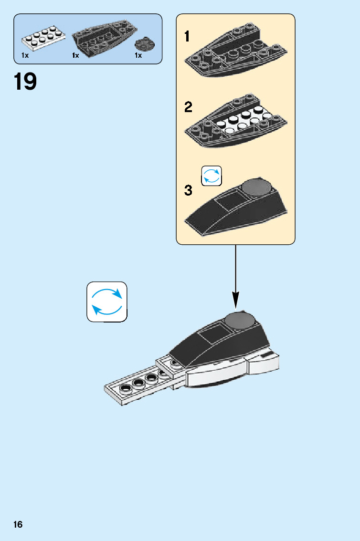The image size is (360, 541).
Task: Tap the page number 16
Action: click(18, 525)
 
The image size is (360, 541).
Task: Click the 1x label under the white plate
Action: click(25, 56)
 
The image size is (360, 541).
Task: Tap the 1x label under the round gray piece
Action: click(138, 56)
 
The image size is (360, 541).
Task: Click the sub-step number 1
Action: click(188, 36)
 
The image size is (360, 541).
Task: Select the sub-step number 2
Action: click(189, 107)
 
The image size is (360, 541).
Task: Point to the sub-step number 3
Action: click(189, 191)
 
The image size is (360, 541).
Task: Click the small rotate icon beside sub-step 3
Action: click(212, 175)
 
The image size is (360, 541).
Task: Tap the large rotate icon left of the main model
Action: click(107, 302)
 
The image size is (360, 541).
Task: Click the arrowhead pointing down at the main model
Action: click(235, 300)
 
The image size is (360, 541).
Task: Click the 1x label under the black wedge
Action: click(75, 56)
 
